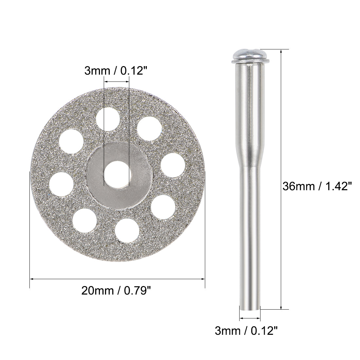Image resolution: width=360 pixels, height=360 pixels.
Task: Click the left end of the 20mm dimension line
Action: [x=30, y=279]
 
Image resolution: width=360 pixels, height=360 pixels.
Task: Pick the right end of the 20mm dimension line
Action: [x=205, y=279]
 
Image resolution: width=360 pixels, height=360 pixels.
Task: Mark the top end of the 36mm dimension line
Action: [x=281, y=50]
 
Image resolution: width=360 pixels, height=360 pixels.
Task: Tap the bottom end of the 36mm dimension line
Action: [x=281, y=308]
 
